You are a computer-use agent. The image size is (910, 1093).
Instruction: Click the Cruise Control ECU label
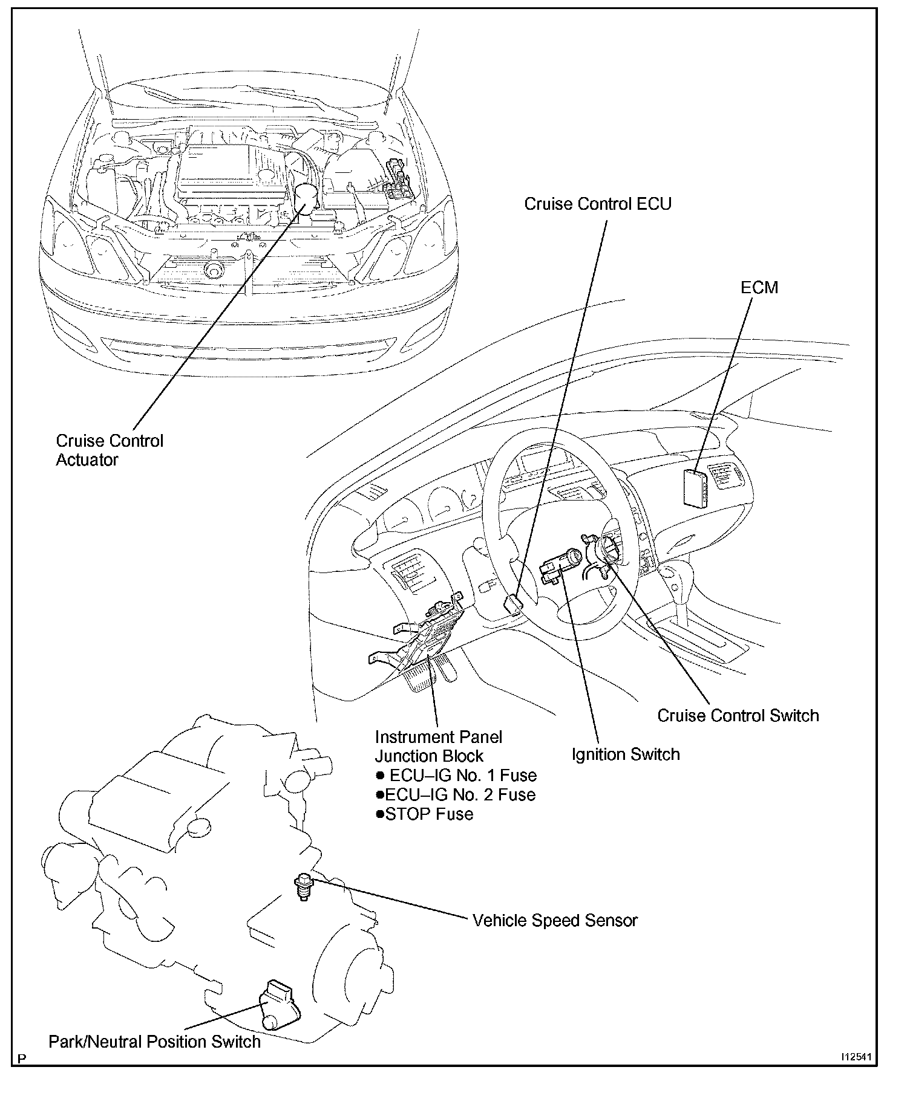[597, 204]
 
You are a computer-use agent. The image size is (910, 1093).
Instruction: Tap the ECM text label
[759, 288]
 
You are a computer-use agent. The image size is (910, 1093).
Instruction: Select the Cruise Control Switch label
[738, 716]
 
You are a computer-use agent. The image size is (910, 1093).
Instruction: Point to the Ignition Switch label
[626, 754]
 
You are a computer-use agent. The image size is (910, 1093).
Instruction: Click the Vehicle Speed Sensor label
[555, 920]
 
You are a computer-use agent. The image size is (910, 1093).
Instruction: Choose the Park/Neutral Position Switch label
[155, 1041]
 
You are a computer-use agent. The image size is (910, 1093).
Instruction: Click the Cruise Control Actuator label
[110, 450]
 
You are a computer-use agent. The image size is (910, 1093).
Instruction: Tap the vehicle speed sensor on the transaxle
[303, 886]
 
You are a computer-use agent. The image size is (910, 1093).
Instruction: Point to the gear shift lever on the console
[672, 580]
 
